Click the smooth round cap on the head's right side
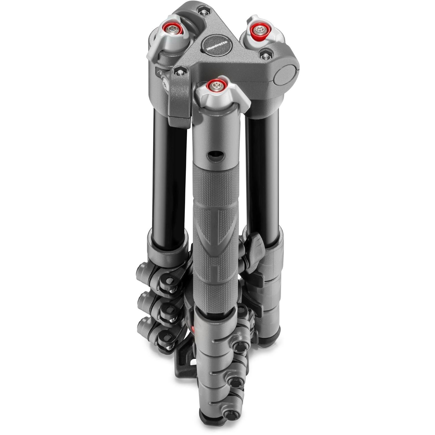point(286,75)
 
